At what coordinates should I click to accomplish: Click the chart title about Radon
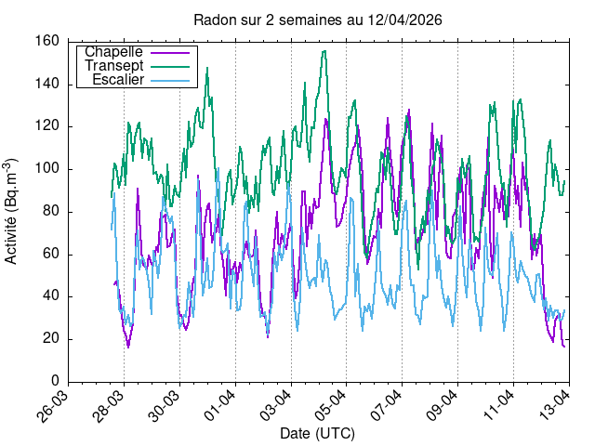[x=317, y=19]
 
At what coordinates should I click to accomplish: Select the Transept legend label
[x=113, y=66]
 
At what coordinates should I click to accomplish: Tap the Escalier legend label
[x=117, y=81]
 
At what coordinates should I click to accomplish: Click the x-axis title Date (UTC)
[x=317, y=434]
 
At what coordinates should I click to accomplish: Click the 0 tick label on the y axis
[x=57, y=381]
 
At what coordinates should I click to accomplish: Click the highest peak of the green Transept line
[x=324, y=51]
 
